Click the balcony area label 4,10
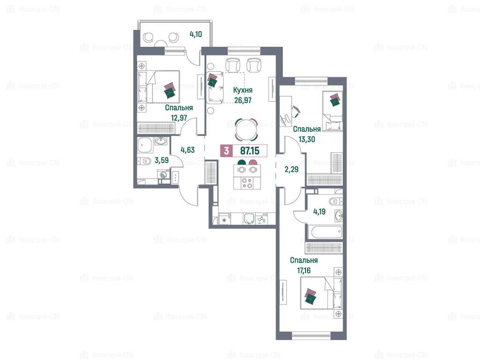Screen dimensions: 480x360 195,34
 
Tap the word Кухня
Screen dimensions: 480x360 243,90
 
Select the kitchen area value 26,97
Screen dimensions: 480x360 243,100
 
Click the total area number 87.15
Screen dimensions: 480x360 250,150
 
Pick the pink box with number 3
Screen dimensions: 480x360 226,150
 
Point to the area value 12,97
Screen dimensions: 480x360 179,118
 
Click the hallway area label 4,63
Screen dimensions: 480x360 187,150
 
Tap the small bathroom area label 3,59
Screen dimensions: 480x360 162,160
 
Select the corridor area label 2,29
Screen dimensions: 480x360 292,169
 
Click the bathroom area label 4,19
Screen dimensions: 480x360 319,211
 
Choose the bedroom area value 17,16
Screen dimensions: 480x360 304,270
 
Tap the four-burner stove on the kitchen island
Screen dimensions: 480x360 247,183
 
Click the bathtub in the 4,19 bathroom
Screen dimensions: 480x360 325,232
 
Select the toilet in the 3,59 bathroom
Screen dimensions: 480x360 144,161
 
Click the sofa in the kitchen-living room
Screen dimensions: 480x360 214,88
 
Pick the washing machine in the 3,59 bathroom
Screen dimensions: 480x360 164,176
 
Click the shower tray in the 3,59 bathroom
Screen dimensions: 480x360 145,145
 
